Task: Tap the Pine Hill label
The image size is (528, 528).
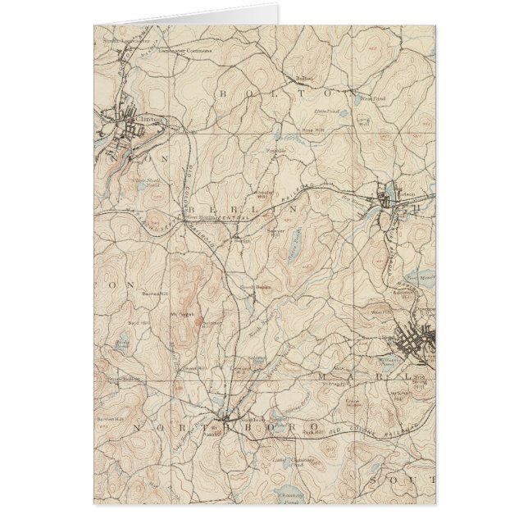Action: pyautogui.click(x=310, y=129)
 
